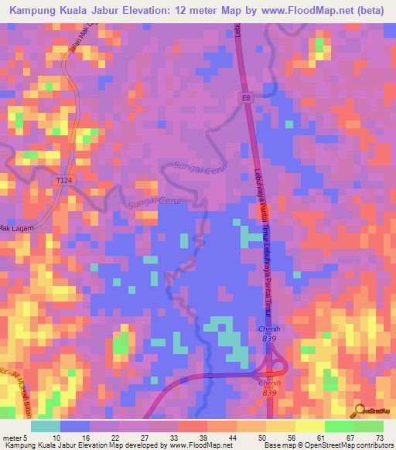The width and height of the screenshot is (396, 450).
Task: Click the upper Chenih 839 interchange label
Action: [268, 334]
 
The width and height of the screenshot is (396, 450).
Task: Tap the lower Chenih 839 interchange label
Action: [268, 387]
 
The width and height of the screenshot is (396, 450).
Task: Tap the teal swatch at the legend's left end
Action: [46, 424]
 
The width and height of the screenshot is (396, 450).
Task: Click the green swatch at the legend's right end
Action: [367, 424]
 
